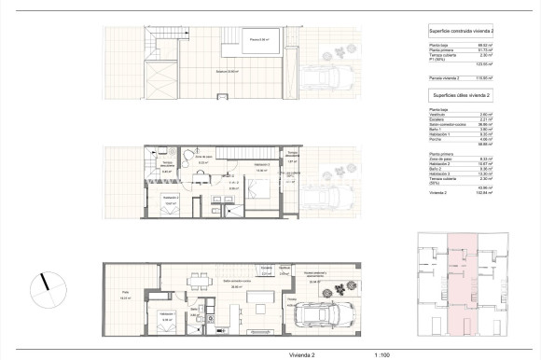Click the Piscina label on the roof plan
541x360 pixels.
click(259, 40)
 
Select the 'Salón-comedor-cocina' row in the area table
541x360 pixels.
click(445, 122)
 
